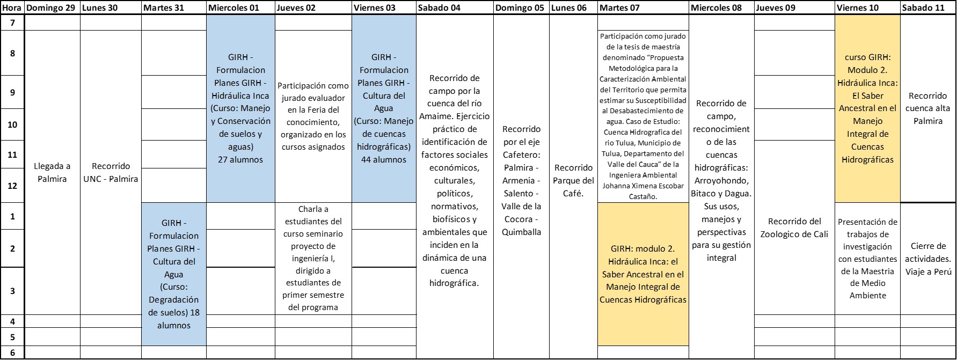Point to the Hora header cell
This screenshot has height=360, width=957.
(x=12, y=8)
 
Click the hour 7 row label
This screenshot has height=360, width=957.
(x=12, y=23)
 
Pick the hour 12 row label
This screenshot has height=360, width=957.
(x=12, y=186)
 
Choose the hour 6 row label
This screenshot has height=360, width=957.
(x=12, y=352)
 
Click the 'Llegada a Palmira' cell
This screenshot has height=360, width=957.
(x=52, y=173)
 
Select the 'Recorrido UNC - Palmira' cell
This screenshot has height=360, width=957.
(x=111, y=173)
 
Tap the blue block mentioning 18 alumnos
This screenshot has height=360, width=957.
(x=174, y=274)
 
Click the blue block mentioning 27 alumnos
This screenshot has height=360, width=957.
(x=240, y=108)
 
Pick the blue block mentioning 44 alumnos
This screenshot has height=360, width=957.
(x=384, y=108)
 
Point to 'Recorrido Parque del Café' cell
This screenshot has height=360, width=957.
(x=573, y=180)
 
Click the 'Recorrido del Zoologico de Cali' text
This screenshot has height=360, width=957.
(x=794, y=227)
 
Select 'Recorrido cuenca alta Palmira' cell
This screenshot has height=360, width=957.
(x=928, y=108)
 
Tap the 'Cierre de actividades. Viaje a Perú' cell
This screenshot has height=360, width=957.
(x=928, y=259)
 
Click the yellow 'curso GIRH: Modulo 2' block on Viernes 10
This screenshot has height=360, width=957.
(x=867, y=108)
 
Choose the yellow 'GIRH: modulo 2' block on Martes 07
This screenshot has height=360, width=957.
(x=643, y=274)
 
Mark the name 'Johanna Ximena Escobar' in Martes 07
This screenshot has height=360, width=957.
(x=643, y=186)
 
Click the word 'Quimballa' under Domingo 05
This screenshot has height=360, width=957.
(x=521, y=232)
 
